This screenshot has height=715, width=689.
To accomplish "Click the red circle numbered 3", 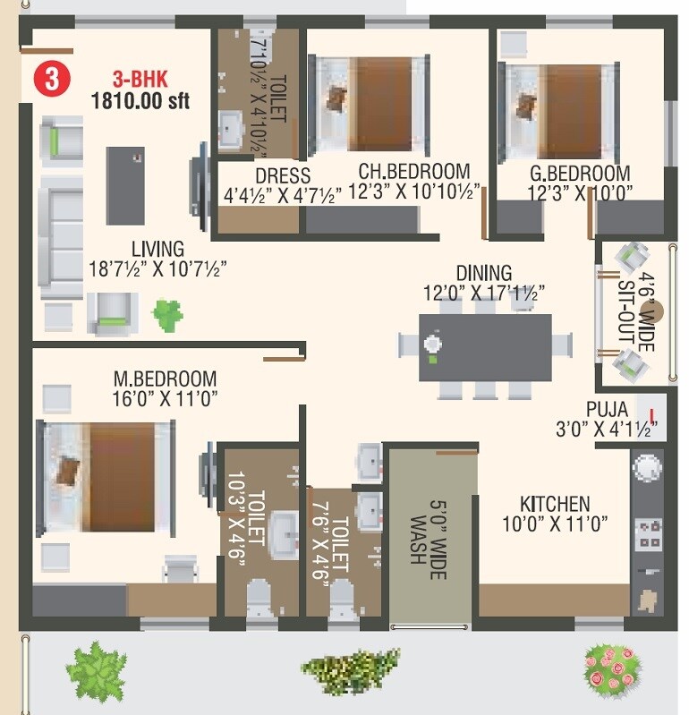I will pyautogui.click(x=52, y=78).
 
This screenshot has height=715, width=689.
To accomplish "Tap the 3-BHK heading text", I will pyautogui.click(x=140, y=78).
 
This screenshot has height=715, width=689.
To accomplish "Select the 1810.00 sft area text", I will pyautogui.click(x=140, y=100).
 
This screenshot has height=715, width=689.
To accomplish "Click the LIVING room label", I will pyautogui.click(x=157, y=249).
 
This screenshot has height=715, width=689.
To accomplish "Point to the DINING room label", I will pyautogui.click(x=483, y=272).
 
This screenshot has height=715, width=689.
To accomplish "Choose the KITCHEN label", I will pyautogui.click(x=555, y=504).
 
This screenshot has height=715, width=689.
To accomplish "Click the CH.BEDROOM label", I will pyautogui.click(x=414, y=171).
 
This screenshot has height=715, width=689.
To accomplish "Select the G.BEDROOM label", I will pyautogui.click(x=578, y=173).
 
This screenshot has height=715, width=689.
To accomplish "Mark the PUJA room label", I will pyautogui.click(x=607, y=409).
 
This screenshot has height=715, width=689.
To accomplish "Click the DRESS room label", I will pyautogui.click(x=282, y=176).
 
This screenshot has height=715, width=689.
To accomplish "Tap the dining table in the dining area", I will pyautogui.click(x=485, y=347).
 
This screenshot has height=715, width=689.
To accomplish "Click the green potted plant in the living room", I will pyautogui.click(x=167, y=313).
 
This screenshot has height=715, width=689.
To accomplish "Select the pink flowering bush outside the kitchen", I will pyautogui.click(x=613, y=666).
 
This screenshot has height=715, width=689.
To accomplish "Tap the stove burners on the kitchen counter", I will pyautogui.click(x=648, y=534).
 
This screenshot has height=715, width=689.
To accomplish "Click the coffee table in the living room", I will pyautogui.click(x=125, y=185).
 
